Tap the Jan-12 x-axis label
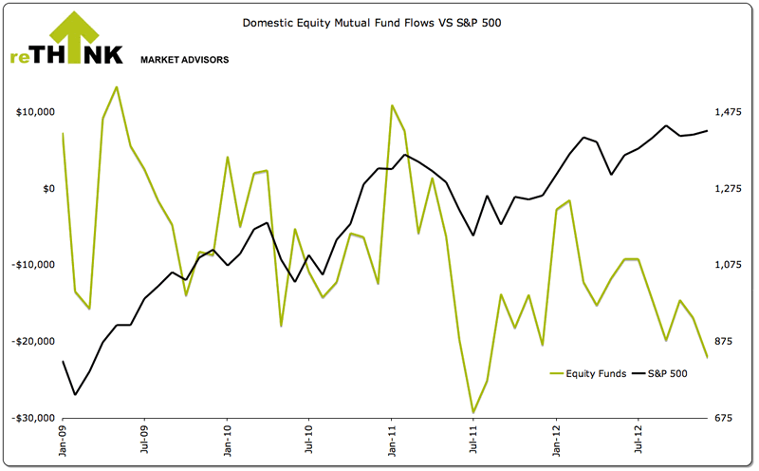click(x=555, y=443)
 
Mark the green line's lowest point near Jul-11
click(x=473, y=413)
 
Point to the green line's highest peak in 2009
click(x=117, y=87)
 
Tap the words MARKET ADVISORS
click(x=184, y=60)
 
